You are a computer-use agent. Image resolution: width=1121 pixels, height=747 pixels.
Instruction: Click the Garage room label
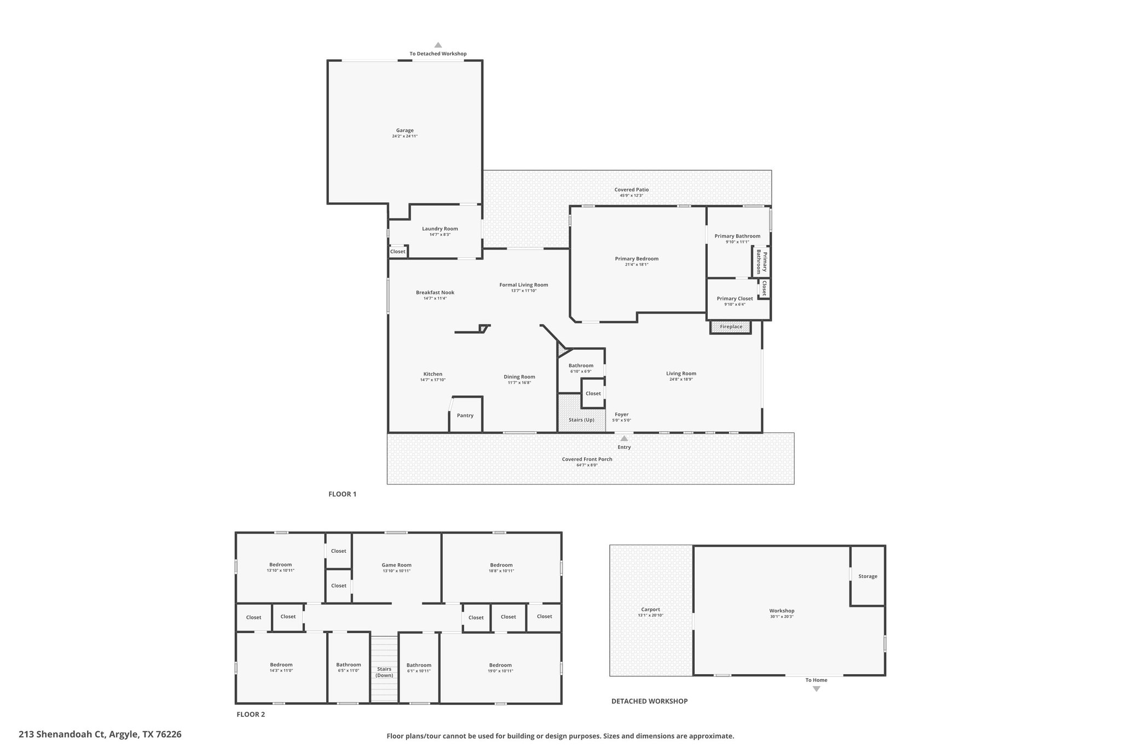[x=405, y=130]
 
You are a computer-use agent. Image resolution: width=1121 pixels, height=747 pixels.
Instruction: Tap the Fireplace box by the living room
[x=731, y=327]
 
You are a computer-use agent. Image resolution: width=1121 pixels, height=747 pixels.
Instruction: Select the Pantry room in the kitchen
[x=466, y=414]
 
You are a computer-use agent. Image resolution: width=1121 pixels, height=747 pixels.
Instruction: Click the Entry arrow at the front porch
[x=624, y=438]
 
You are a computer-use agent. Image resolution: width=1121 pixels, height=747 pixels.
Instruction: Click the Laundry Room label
[x=440, y=229]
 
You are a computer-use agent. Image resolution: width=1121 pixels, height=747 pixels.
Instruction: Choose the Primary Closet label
[x=735, y=298]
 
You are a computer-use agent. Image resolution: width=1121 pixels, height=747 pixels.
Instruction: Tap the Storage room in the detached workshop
[x=868, y=576]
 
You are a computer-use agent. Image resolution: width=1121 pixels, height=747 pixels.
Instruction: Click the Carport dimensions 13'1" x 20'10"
[x=651, y=616]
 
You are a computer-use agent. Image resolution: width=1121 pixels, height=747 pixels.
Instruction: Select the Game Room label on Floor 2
[x=397, y=565]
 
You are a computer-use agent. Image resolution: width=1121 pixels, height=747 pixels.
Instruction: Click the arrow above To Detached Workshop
[x=438, y=45]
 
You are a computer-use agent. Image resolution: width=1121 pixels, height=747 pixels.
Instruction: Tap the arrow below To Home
[x=817, y=689]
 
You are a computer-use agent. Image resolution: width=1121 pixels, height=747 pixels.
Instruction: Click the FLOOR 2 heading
[x=251, y=714]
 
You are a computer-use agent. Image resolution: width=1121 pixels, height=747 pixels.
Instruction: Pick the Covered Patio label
[x=632, y=190]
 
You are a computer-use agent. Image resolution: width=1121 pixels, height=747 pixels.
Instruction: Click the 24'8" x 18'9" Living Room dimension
[x=681, y=379]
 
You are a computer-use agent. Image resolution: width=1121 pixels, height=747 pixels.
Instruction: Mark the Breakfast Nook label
[x=435, y=292]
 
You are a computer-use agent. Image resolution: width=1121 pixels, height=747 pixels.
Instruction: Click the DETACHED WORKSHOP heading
[x=650, y=701]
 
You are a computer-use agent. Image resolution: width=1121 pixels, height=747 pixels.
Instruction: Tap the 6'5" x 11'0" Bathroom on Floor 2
[x=349, y=668]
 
